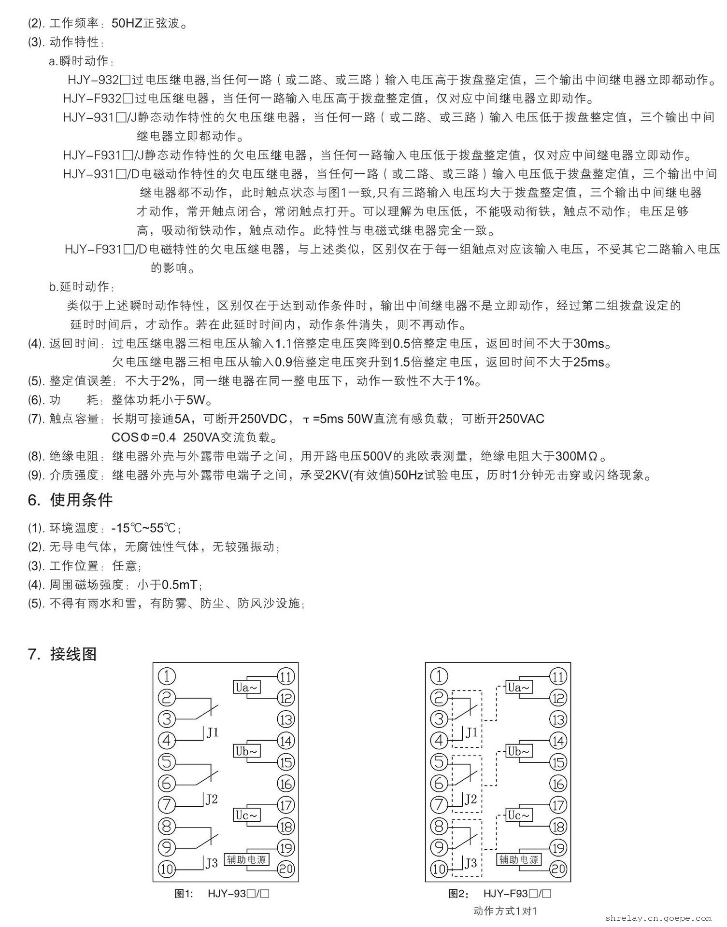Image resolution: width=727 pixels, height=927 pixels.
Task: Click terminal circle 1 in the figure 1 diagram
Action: coord(167,676)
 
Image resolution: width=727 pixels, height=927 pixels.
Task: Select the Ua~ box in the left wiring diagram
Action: coord(246,687)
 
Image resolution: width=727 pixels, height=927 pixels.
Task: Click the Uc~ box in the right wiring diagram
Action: coord(519,815)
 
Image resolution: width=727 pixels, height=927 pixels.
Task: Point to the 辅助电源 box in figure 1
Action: coord(246,859)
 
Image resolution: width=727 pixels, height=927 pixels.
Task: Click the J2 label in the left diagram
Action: coord(212,800)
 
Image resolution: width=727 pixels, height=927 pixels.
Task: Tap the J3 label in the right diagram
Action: coord(470,863)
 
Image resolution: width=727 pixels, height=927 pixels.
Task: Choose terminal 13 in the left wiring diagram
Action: coord(286,719)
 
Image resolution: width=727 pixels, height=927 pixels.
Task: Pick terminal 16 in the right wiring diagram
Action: coord(558,784)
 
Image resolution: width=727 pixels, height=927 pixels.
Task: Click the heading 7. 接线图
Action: coord(63,654)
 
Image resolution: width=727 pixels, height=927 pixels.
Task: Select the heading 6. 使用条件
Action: coord(71,500)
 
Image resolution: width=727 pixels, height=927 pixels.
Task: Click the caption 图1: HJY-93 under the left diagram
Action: coord(222,894)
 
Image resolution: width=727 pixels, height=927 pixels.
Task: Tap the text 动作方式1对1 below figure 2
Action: coord(505,911)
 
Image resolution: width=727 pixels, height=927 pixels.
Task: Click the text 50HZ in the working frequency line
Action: coord(127,23)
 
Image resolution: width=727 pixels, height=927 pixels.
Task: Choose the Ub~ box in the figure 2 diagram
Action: coord(519,751)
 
